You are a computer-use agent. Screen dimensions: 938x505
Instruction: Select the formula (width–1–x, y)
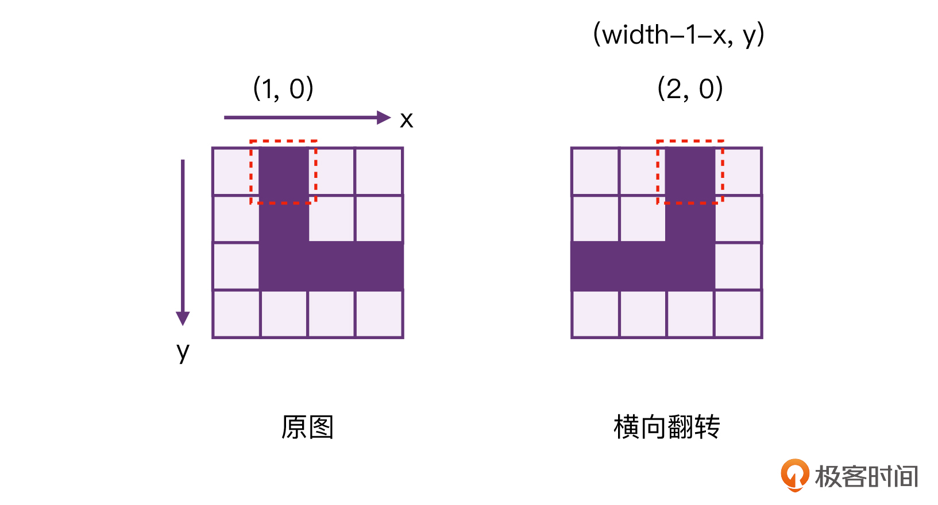pos(679,35)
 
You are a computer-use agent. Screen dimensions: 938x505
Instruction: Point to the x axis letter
pos(406,120)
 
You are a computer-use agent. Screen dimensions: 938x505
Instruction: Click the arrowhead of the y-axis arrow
pos(183,318)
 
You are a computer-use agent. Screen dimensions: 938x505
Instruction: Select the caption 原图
pos(307,427)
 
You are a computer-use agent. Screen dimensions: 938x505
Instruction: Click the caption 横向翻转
pos(667,427)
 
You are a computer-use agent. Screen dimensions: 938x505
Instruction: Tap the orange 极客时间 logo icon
pos(795,475)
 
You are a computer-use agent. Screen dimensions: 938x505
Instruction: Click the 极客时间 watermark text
pos(866,476)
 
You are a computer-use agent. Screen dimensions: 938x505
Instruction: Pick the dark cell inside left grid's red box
pos(284,171)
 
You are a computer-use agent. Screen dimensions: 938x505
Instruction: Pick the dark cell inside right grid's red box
pos(690,171)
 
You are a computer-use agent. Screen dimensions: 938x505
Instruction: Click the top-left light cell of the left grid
pos(236,172)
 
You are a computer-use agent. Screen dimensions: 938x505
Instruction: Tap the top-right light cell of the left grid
pos(379,172)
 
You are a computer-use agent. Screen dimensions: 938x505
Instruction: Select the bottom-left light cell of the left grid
pos(236,313)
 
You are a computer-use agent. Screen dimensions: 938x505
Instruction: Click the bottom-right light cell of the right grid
pos(738,313)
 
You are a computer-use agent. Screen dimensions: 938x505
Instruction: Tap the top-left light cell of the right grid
pos(595,172)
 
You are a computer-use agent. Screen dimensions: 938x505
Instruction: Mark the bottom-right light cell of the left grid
pos(379,313)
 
